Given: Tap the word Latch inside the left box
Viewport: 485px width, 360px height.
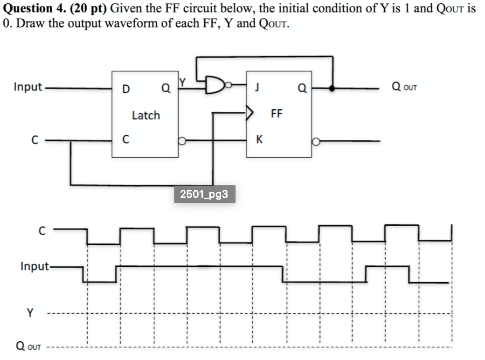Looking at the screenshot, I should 145,115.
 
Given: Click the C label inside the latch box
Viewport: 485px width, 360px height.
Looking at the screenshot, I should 125,139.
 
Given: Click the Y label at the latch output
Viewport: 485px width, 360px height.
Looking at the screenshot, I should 184,83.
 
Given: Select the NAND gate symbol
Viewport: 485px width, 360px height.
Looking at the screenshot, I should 217,85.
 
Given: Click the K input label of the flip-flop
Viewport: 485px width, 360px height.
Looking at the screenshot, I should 259,139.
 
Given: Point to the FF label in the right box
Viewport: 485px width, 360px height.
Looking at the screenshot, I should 277,113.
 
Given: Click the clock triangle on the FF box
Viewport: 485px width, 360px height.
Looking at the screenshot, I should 250,112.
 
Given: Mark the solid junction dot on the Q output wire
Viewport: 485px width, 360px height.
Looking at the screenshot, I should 332,88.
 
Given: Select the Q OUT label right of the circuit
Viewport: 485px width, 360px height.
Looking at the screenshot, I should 404,87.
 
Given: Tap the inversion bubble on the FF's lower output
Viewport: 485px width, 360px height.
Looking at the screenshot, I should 316,141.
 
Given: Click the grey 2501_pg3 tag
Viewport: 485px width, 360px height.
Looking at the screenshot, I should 204,194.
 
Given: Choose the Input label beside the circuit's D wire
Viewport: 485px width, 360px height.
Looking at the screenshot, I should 28,87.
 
